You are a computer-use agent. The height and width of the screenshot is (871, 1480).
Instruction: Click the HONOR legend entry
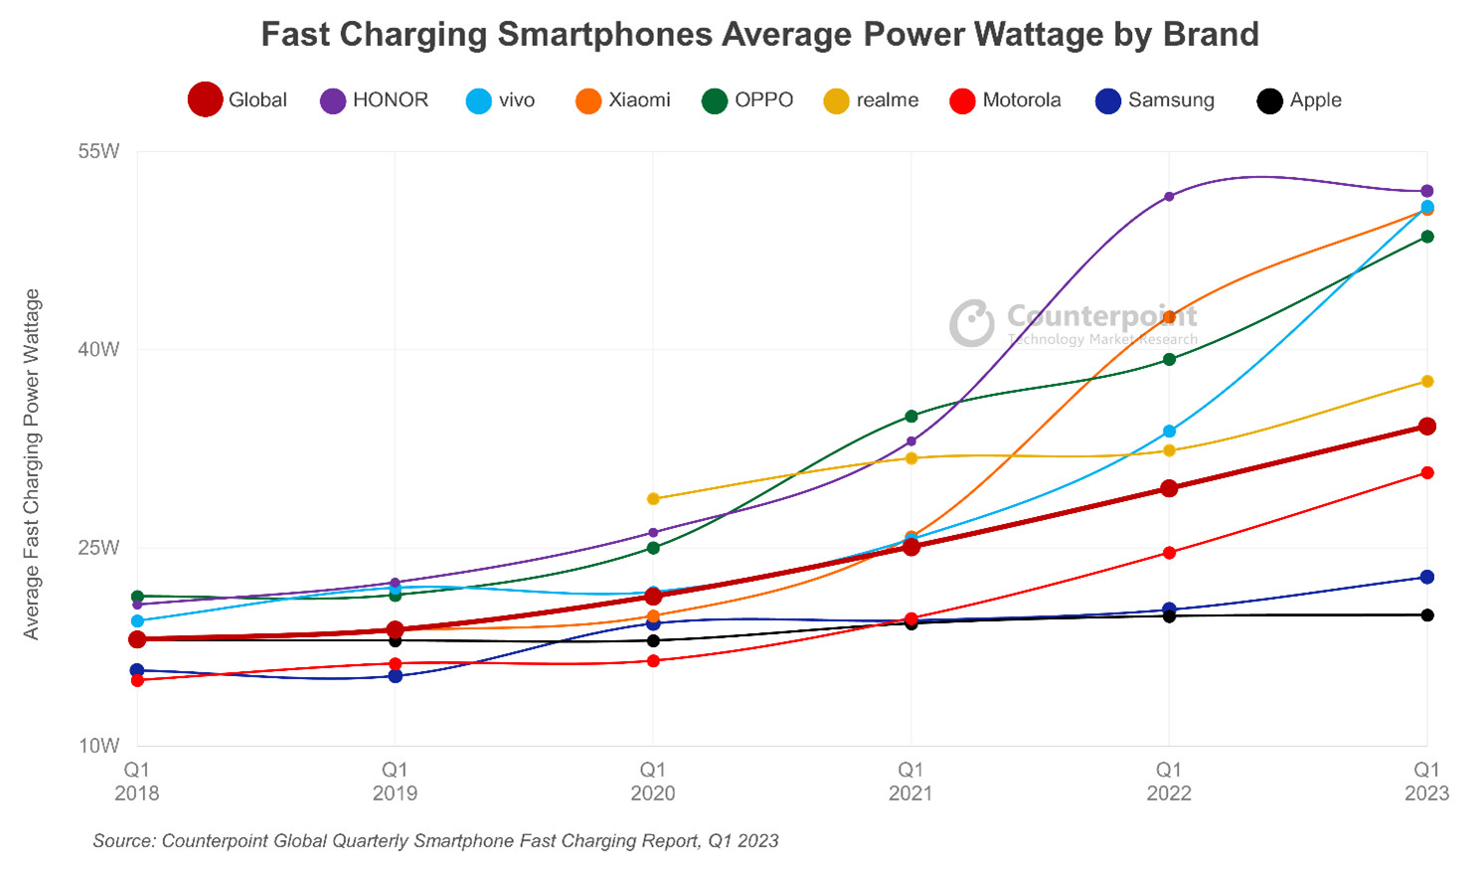click(374, 100)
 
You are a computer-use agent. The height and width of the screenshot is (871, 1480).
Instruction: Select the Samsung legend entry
click(1155, 100)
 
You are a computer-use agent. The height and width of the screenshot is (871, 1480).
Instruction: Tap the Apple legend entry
click(1300, 100)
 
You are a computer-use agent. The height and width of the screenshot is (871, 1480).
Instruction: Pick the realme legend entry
click(872, 100)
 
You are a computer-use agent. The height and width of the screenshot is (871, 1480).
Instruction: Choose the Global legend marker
click(205, 100)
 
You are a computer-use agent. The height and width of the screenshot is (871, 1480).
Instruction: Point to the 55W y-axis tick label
click(98, 151)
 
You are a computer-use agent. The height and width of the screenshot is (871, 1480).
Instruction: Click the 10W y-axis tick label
click(98, 746)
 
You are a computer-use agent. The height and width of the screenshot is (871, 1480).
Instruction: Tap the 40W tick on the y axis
click(98, 349)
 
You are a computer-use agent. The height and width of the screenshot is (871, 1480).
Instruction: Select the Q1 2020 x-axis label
click(652, 782)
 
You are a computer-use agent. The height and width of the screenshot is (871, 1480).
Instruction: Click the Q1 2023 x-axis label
click(1426, 782)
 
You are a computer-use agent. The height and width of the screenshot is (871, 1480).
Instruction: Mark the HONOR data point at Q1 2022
click(1169, 197)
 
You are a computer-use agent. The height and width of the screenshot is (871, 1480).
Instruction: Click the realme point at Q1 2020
click(653, 499)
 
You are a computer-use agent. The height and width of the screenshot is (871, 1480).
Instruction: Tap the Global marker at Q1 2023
click(1427, 427)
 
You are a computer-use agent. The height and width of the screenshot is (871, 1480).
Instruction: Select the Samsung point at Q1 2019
click(396, 676)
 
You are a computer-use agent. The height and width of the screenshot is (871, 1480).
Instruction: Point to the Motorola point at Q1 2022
click(1169, 553)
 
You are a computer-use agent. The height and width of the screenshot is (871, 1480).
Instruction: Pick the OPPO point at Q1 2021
click(911, 416)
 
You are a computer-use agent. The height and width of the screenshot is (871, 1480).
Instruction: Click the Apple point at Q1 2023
click(1427, 615)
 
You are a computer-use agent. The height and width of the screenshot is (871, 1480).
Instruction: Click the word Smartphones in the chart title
click(604, 35)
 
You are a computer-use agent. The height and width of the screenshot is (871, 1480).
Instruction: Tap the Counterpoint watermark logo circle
click(971, 323)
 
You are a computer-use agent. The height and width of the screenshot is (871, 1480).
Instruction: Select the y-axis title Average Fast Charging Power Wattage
click(32, 463)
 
